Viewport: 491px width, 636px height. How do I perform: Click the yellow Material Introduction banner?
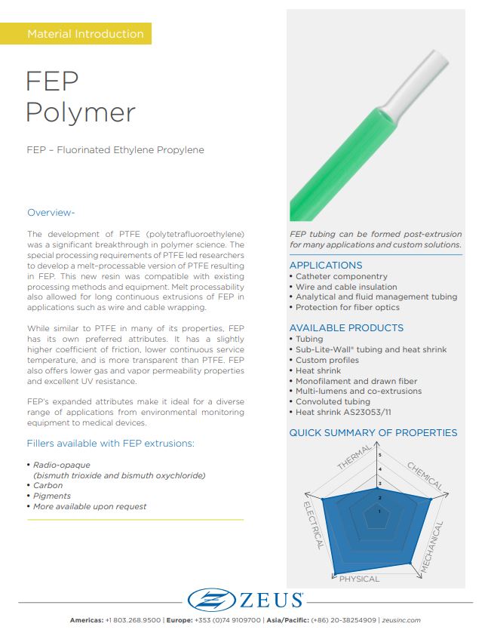coord(84,34)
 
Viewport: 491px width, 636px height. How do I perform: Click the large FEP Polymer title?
coord(81,96)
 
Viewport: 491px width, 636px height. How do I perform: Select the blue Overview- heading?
coord(51,212)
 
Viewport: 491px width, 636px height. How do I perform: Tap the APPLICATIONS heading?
coord(326,266)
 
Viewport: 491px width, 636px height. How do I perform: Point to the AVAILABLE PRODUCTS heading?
coord(346,328)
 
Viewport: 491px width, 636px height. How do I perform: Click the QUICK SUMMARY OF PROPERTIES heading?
coord(373,433)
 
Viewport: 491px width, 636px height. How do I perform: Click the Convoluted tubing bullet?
coord(336,401)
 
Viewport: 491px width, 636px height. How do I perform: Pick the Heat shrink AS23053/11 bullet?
coord(345,412)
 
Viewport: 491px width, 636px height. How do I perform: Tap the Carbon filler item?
coord(48,486)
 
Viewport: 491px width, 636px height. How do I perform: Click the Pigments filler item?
coord(51,496)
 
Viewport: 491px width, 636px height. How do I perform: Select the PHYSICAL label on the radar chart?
coord(359,579)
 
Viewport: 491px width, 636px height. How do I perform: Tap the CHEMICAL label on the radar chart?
coord(425,476)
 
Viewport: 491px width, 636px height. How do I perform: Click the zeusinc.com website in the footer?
coord(401,620)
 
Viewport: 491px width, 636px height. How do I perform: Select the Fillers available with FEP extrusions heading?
coord(110,444)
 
